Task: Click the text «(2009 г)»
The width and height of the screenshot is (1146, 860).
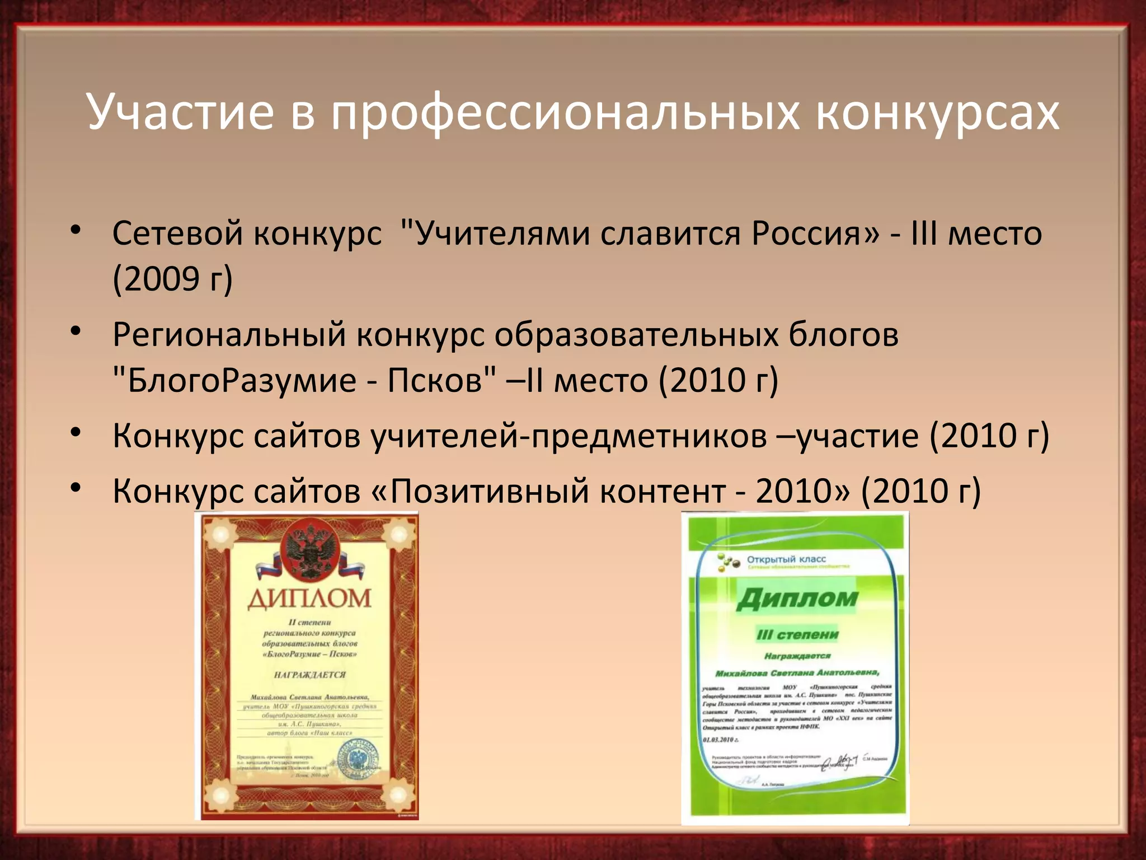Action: point(172,279)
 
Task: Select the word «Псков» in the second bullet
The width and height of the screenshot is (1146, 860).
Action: point(435,381)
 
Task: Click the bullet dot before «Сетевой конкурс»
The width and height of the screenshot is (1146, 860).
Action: point(76,230)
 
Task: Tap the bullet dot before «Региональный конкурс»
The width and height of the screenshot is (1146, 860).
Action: point(76,331)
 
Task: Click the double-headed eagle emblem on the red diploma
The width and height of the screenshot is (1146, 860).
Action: point(309,551)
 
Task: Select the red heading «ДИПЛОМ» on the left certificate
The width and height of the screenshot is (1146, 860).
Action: point(309,598)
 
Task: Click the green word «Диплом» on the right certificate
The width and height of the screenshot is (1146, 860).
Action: point(797,599)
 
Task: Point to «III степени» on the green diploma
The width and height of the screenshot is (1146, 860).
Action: point(797,634)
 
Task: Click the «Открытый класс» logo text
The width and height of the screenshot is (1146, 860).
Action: point(786,559)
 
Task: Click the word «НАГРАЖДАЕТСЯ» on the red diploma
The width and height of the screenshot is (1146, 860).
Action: point(309,675)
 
